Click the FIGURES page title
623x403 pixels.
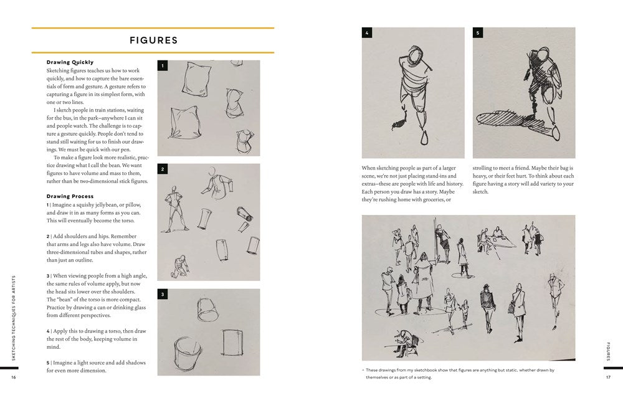(153, 40)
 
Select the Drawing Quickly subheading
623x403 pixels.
(70, 62)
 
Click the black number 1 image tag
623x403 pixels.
(163, 65)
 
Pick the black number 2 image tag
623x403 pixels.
(163, 169)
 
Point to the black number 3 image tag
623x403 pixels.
(163, 294)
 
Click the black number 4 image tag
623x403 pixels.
(367, 33)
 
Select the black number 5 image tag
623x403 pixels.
(478, 33)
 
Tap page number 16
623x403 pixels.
(14, 377)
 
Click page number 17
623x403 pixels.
(608, 377)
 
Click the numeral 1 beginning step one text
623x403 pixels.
(48, 205)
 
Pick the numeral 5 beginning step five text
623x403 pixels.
(48, 362)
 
